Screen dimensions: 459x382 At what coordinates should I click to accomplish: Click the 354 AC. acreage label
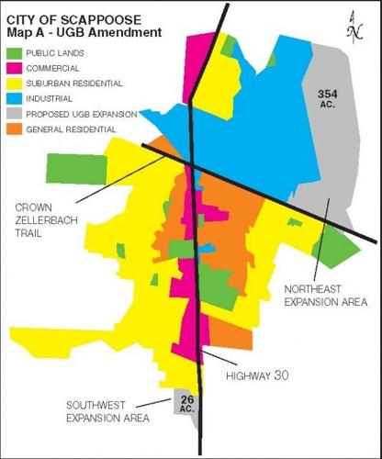(x=329, y=99)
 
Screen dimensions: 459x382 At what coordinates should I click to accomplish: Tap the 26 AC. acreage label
(x=186, y=403)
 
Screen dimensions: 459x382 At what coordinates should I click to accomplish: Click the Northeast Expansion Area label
(x=325, y=294)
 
